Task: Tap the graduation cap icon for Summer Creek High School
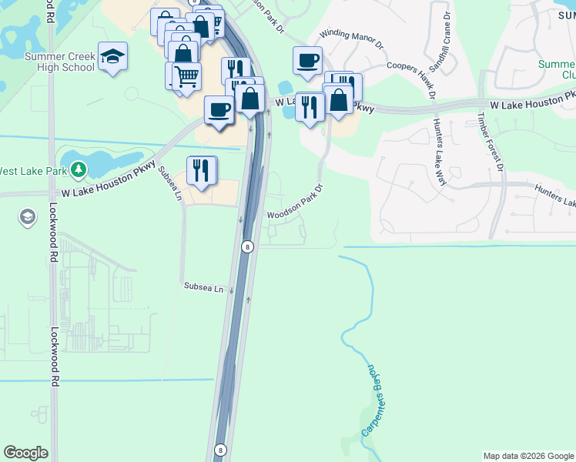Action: (x=113, y=56)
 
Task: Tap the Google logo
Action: (x=25, y=453)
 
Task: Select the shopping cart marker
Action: (x=186, y=77)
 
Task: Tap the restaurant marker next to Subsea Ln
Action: (x=202, y=171)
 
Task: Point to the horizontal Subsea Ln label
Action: (x=203, y=287)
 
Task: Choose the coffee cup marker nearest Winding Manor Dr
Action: (x=307, y=61)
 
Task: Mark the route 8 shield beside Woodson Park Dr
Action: (x=247, y=247)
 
